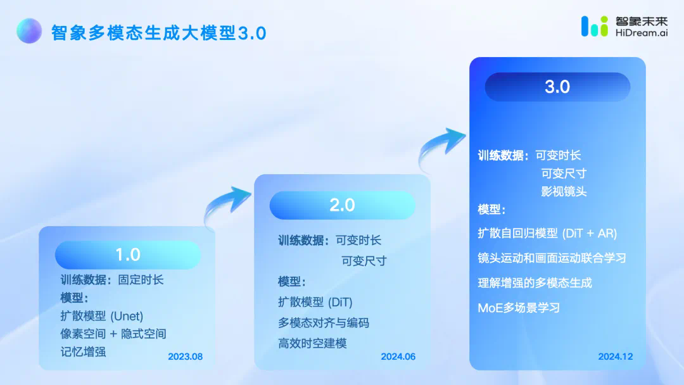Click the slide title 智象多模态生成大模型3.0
(x=159, y=33)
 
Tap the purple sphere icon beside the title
(x=29, y=30)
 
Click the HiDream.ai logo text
(x=641, y=33)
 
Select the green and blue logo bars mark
(x=594, y=26)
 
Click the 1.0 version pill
(x=128, y=255)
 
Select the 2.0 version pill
(x=343, y=205)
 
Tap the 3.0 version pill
(x=557, y=87)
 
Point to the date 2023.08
(x=186, y=357)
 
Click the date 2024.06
(x=398, y=357)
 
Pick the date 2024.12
(x=616, y=357)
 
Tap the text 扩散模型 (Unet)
(x=101, y=316)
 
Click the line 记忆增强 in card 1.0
(x=83, y=351)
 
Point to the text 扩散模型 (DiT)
(x=315, y=301)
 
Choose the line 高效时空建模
(x=312, y=343)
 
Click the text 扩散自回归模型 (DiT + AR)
(x=547, y=233)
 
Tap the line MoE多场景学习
(x=519, y=308)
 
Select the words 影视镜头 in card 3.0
(x=564, y=191)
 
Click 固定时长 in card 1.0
(x=141, y=280)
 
